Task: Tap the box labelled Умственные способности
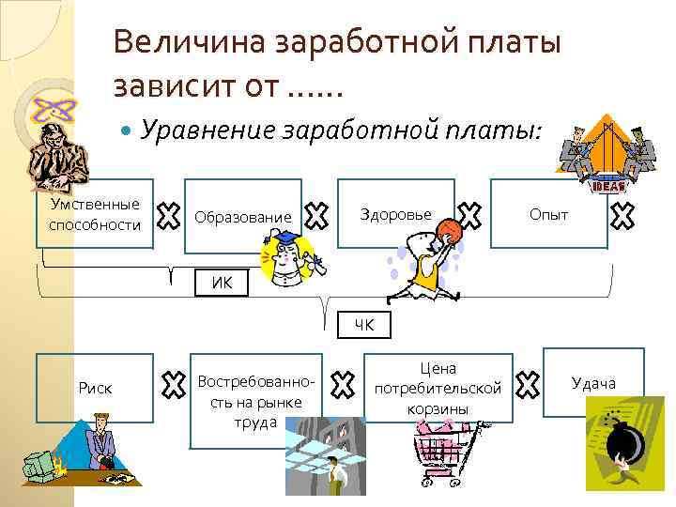point(95,214)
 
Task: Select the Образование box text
point(243,217)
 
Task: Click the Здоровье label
point(395,214)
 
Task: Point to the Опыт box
point(548,214)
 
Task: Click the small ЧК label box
point(363,325)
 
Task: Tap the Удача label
point(593,382)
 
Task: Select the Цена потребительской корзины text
point(438,388)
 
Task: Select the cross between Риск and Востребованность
point(171,382)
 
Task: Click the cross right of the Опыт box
point(622,217)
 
